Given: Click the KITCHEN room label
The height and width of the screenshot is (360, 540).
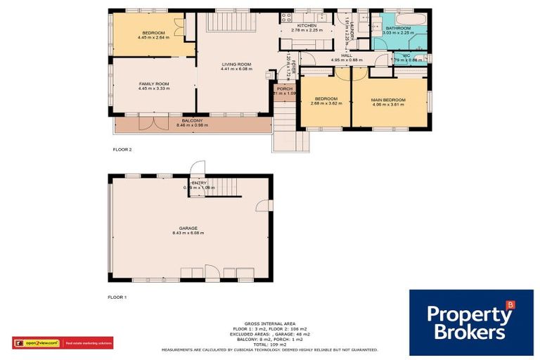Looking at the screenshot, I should pos(301,25).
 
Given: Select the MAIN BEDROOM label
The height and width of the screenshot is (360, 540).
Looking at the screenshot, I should pos(389,99).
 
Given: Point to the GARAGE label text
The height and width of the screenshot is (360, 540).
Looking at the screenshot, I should pos(187,228).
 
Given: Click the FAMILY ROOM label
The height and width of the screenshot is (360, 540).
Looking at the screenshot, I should pos(153,84).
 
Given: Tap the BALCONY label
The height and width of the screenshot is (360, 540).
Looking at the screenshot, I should pos(191,120).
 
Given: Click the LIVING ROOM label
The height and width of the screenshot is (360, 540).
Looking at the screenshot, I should pos(236,65).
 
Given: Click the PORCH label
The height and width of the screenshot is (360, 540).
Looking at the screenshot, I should pos(285,89).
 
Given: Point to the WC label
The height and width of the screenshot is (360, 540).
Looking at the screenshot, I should pos(406,56).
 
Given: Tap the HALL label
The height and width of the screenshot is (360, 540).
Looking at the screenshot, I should pos(346,56).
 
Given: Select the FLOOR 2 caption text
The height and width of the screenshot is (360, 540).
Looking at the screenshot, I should pos(122,150).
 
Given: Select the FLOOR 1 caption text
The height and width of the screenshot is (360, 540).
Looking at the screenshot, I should pos(117,298).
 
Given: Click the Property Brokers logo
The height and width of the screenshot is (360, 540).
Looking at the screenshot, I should pos(470,322).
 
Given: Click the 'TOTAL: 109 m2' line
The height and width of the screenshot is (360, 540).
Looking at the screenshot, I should pos(269,344).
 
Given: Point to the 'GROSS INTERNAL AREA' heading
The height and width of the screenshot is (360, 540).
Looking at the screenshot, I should pos(269,324).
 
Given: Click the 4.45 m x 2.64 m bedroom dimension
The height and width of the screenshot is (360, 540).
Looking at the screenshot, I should pos(153,38).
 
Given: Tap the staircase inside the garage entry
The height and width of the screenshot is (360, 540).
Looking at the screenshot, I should pos(224,186).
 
